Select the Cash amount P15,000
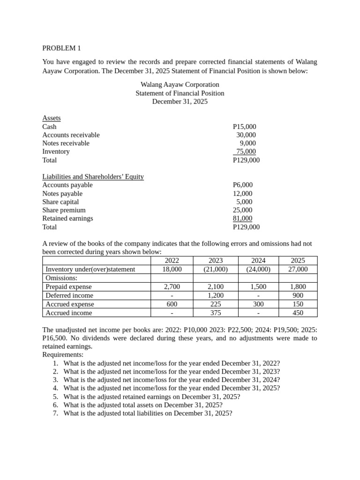click(x=244, y=127)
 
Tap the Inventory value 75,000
click(x=246, y=151)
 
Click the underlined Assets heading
click(x=51, y=118)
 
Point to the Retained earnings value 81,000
click(x=242, y=218)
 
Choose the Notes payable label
click(x=62, y=194)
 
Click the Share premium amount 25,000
click(x=242, y=210)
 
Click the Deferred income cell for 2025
click(x=297, y=295)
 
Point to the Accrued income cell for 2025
click(x=297, y=313)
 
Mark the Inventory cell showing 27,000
click(x=297, y=269)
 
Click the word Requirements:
click(x=63, y=355)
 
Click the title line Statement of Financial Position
click(x=180, y=93)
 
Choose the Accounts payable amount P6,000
click(x=242, y=185)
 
